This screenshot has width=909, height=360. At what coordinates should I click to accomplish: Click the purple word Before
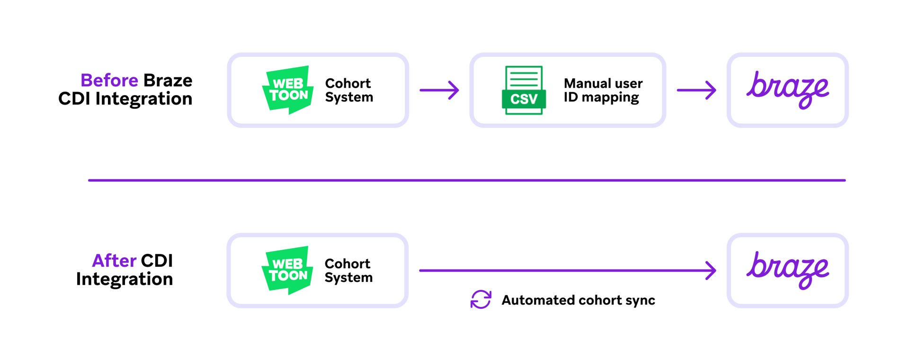click(109, 81)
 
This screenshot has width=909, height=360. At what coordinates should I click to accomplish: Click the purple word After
click(114, 261)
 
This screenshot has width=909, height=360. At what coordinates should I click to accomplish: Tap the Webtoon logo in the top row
click(288, 90)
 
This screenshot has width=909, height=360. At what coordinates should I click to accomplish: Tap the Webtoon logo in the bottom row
click(287, 270)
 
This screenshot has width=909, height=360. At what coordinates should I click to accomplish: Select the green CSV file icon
click(524, 90)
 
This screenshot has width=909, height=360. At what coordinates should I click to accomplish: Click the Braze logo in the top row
click(787, 90)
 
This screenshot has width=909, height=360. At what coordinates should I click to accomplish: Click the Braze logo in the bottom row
click(787, 270)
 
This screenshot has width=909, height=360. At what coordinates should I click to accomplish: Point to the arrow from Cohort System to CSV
click(439, 90)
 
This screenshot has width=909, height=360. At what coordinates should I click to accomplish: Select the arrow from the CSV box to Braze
click(696, 90)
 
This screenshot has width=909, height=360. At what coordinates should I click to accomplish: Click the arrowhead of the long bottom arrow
click(711, 270)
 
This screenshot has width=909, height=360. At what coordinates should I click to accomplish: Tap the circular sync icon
click(481, 300)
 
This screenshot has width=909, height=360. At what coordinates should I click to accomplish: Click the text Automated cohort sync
click(578, 300)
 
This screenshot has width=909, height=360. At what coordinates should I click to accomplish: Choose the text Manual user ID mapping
click(603, 90)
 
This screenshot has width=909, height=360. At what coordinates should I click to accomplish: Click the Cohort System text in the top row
click(349, 90)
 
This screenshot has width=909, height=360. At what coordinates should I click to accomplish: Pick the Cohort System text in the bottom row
click(348, 270)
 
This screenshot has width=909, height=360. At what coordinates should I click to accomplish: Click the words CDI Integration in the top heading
click(125, 99)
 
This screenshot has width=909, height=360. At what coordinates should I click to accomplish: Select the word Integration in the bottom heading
click(125, 279)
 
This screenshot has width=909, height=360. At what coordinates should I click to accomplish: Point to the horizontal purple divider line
click(466, 180)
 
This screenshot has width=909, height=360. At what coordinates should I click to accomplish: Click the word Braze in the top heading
click(168, 81)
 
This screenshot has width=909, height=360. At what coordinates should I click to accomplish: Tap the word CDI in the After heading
click(157, 261)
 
